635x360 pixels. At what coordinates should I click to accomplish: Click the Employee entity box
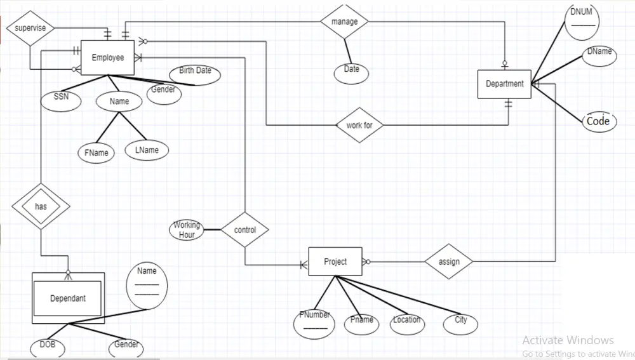pyautogui.click(x=107, y=58)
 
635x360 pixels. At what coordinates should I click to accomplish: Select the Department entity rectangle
pyautogui.click(x=505, y=84)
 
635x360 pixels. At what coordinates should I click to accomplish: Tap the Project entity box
pyautogui.click(x=335, y=262)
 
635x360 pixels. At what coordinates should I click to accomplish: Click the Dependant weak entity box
pyautogui.click(x=68, y=298)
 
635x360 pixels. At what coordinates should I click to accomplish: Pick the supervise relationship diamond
pyautogui.click(x=30, y=29)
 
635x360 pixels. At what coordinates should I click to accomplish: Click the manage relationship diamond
pyautogui.click(x=344, y=22)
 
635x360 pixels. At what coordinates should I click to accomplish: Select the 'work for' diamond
pyautogui.click(x=359, y=125)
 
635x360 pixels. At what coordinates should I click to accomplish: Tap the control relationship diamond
pyautogui.click(x=244, y=230)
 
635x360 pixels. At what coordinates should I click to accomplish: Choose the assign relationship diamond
pyautogui.click(x=449, y=262)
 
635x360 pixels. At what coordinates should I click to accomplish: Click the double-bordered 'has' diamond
pyautogui.click(x=40, y=206)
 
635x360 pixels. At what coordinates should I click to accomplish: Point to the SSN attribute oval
pyautogui.click(x=61, y=99)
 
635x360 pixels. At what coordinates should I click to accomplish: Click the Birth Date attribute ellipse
pyautogui.click(x=195, y=74)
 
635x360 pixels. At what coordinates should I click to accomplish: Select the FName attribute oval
pyautogui.click(x=96, y=153)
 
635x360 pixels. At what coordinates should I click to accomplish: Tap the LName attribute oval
pyautogui.click(x=147, y=150)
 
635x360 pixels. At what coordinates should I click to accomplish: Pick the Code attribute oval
pyautogui.click(x=598, y=121)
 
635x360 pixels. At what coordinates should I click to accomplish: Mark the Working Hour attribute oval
pyautogui.click(x=187, y=230)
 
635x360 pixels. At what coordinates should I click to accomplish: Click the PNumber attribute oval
pyautogui.click(x=314, y=323)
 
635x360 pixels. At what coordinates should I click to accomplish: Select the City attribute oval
pyautogui.click(x=460, y=323)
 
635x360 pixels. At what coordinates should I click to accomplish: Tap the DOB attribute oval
pyautogui.click(x=48, y=346)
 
